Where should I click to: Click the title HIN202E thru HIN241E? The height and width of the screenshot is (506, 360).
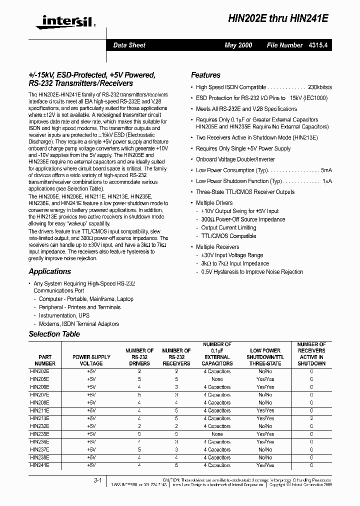(x=285, y=17)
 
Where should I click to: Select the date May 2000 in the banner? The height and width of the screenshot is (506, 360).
(x=238, y=45)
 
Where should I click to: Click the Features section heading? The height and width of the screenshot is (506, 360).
(x=205, y=75)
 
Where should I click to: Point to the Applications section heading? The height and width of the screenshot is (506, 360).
(x=49, y=271)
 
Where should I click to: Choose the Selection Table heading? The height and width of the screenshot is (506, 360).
(x=54, y=334)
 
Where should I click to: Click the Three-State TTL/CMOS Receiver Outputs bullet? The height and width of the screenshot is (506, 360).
(x=245, y=192)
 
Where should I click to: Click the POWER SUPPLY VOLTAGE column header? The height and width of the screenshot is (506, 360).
(x=91, y=360)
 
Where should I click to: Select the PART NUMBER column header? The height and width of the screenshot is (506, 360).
(x=45, y=360)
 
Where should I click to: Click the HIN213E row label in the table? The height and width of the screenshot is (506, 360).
(x=39, y=418)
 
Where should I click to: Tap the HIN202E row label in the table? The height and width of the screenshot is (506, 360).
(x=39, y=371)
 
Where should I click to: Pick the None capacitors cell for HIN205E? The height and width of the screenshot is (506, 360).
(x=217, y=379)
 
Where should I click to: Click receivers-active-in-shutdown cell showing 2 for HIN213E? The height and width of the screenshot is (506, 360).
(x=311, y=418)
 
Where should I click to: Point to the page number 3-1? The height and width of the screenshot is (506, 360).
(x=97, y=480)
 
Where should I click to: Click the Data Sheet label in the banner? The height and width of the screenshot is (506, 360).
(x=129, y=45)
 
